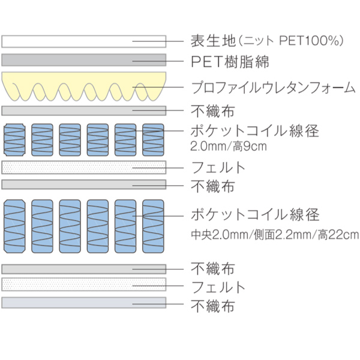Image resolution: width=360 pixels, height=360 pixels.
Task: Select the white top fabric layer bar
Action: coord(83,41)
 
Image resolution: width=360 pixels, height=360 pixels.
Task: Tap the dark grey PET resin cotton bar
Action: coord(83,60)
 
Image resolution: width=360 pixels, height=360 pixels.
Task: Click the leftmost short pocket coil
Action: coord(14,142)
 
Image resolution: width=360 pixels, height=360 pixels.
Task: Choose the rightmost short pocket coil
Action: coord(152,142)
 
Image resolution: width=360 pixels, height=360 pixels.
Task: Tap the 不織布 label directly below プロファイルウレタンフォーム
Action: coord(212,111)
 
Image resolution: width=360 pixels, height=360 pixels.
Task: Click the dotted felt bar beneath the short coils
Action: coord(83,167)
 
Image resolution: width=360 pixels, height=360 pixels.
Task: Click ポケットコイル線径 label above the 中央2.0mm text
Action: coord(254,214)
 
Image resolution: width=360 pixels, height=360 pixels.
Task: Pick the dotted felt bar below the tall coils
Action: coord(83,284)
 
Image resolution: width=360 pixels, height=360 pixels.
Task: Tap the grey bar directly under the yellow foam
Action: coord(83,110)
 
